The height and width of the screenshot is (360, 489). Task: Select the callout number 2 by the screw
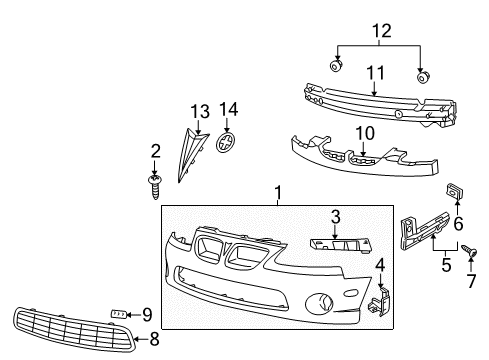pos(156,151)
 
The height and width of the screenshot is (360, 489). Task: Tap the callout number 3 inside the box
pos(337,216)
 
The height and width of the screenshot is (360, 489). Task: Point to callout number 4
pos(381,264)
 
